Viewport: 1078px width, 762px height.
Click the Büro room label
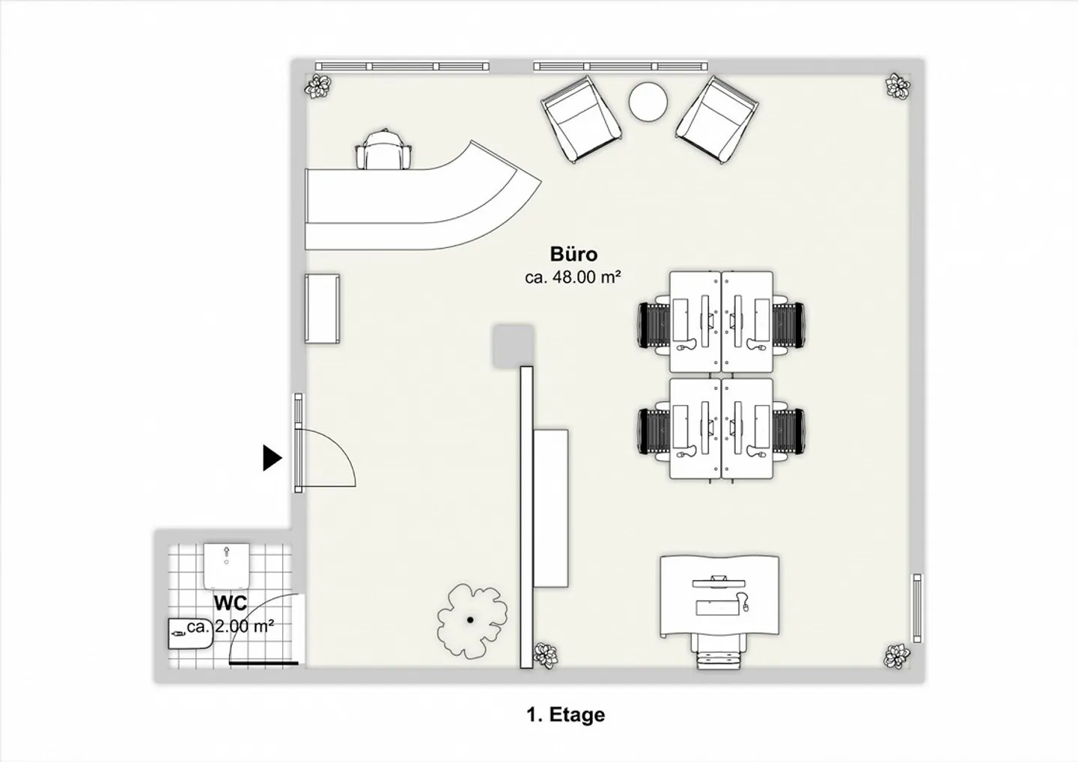click(x=573, y=254)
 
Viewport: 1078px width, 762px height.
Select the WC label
click(x=231, y=603)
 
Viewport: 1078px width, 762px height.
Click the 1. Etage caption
click(x=565, y=714)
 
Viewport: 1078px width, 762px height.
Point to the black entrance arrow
click(x=272, y=457)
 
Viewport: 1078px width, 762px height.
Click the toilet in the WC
click(x=226, y=566)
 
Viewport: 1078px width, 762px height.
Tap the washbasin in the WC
click(x=190, y=633)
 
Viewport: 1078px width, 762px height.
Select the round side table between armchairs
click(x=648, y=102)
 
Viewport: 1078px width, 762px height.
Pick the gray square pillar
click(x=513, y=346)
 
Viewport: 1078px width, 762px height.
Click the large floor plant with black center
click(x=472, y=621)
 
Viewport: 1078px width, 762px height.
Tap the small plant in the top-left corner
click(x=317, y=87)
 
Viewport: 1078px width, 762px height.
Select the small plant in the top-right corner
click(x=898, y=87)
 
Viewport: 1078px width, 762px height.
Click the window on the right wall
click(x=917, y=608)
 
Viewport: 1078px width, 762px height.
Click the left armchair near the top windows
click(x=581, y=119)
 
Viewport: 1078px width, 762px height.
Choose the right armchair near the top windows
click(x=717, y=120)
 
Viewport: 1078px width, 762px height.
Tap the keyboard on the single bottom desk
click(x=717, y=607)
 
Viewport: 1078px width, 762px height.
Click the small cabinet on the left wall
click(x=322, y=309)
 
